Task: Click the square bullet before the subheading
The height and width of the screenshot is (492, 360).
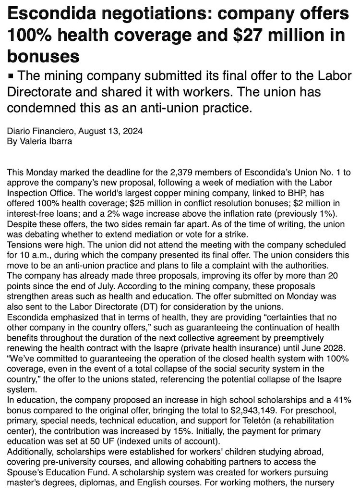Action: point(12,76)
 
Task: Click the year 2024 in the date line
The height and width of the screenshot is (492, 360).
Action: point(132,131)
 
